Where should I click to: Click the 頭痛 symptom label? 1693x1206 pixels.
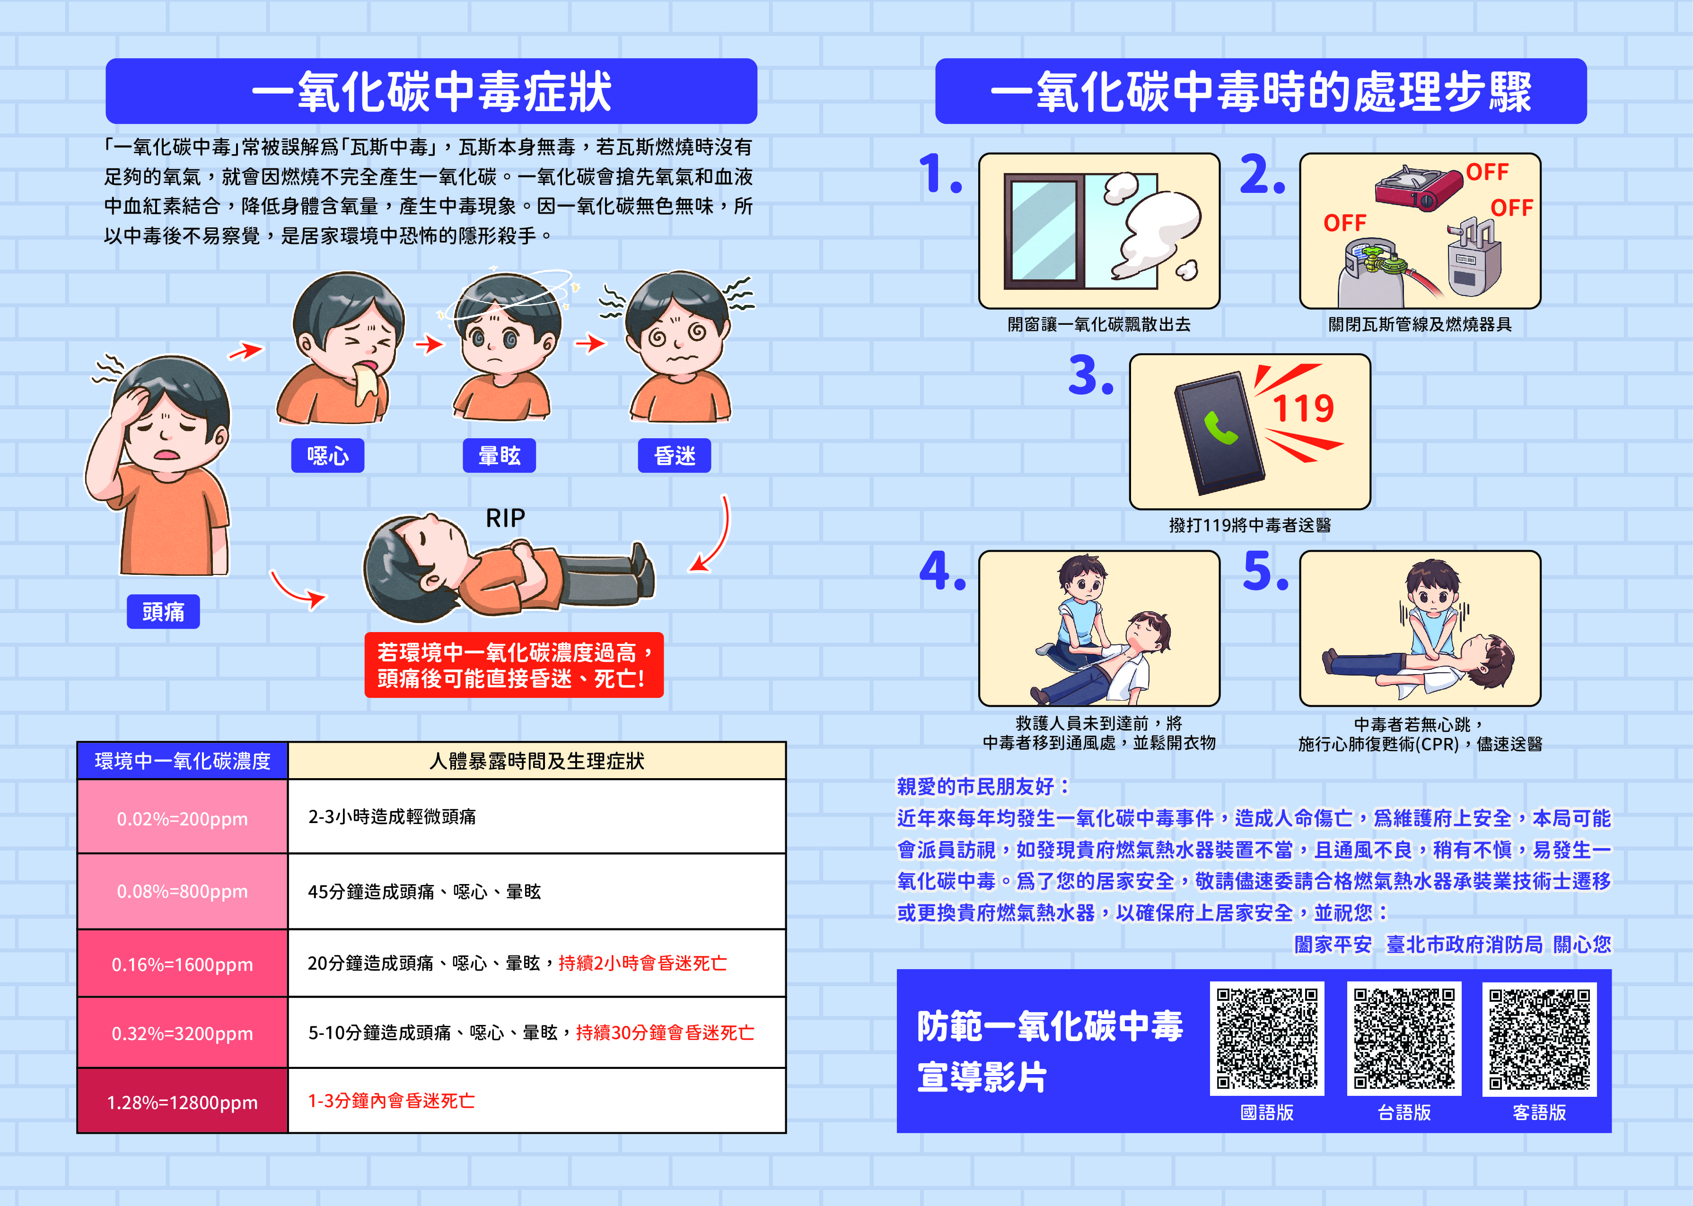[x=163, y=611]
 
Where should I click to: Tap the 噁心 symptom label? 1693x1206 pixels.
[x=328, y=455]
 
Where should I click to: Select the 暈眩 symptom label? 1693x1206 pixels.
[x=499, y=455]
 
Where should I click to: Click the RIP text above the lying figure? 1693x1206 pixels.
[x=505, y=518]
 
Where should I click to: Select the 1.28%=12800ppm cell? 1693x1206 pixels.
[x=182, y=1102]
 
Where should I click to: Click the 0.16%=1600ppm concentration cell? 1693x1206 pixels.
[x=182, y=964]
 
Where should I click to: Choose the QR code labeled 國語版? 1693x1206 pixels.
[x=1267, y=1038]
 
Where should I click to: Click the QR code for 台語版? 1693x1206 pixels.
[x=1404, y=1038]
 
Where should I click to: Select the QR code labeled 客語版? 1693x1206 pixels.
[x=1539, y=1038]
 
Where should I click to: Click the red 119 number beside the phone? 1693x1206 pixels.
[x=1303, y=408]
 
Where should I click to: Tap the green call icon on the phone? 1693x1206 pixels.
[x=1220, y=428]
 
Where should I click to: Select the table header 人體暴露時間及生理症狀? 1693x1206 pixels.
[x=536, y=761]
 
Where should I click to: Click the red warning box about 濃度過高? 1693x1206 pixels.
[x=513, y=665]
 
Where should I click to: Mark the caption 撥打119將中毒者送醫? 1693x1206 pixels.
[x=1249, y=526]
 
